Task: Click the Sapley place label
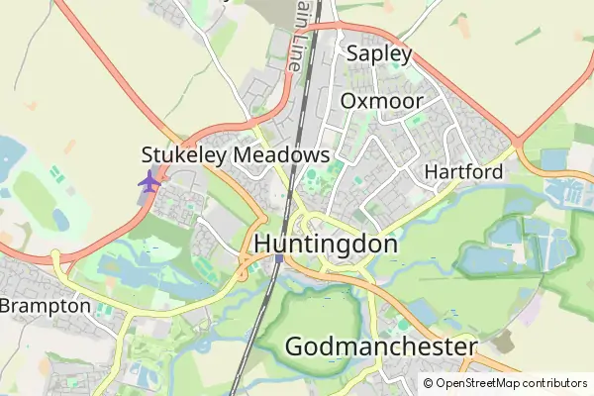(377, 54)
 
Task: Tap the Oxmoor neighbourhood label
(382, 101)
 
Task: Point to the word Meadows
(281, 155)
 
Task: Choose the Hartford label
(463, 172)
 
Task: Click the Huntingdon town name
(327, 244)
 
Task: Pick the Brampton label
(46, 306)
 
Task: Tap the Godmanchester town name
(381, 346)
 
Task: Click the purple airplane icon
(149, 182)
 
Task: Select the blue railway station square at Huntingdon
(280, 259)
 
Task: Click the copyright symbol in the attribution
(429, 383)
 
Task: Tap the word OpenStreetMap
(478, 383)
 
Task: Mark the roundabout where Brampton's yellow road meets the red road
(56, 259)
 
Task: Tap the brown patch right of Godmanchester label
(504, 342)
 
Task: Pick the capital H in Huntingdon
(264, 244)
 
